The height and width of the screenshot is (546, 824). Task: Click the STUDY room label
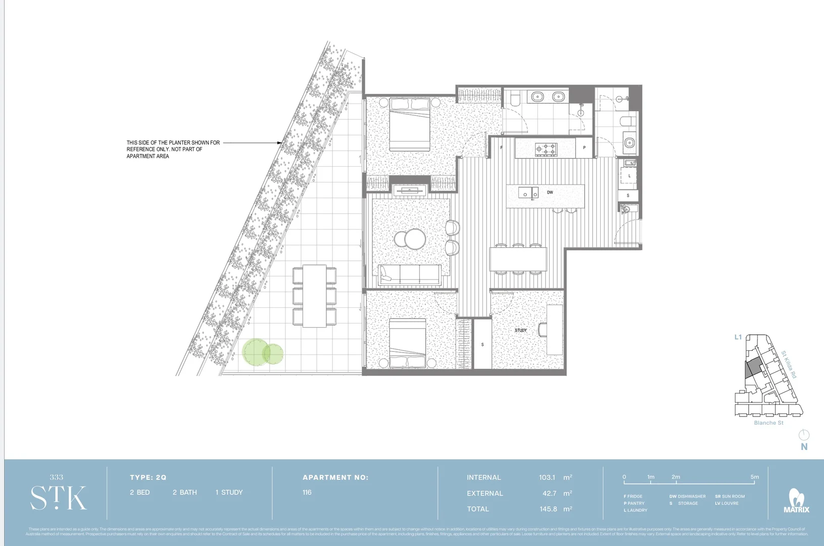pyautogui.click(x=521, y=330)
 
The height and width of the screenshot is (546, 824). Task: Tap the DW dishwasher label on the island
pyautogui.click(x=550, y=193)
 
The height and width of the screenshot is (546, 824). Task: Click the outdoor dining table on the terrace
pyautogui.click(x=314, y=296)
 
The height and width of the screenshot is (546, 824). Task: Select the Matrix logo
pyautogui.click(x=796, y=501)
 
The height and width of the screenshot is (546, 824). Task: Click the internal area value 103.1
pyautogui.click(x=547, y=477)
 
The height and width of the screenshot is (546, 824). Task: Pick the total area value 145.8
pyautogui.click(x=548, y=509)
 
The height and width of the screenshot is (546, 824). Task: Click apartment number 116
pyautogui.click(x=307, y=492)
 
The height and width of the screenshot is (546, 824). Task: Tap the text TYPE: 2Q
pyautogui.click(x=148, y=477)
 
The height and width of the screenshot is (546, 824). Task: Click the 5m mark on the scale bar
pyautogui.click(x=754, y=477)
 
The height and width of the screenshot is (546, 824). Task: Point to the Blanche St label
pyautogui.click(x=768, y=423)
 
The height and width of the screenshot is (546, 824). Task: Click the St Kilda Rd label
pyautogui.click(x=789, y=365)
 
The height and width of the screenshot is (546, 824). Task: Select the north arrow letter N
pyautogui.click(x=804, y=447)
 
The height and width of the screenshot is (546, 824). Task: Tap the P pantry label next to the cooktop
pyautogui.click(x=584, y=148)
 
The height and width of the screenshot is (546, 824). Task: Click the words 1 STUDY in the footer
pyautogui.click(x=229, y=492)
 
